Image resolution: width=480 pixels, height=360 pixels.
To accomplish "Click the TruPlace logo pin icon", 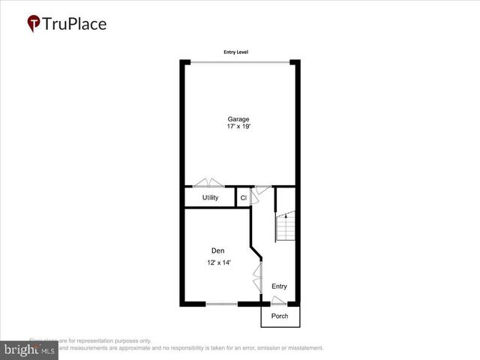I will pos(34,24).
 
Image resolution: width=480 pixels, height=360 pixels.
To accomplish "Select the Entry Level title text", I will pos(235,52).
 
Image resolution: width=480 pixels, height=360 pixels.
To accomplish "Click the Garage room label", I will pos(239,118).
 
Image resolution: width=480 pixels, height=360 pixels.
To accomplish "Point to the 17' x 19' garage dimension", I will pos(239,127).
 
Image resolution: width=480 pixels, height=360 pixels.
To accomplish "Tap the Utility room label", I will pos(210,198).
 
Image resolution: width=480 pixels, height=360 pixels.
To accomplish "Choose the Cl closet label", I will pos(243,198).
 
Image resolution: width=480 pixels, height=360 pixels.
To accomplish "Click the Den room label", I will pos(217,250).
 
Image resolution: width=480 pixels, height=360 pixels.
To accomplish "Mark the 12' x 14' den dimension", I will pos(219,262).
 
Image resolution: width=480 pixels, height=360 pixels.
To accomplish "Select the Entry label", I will pos(279,286).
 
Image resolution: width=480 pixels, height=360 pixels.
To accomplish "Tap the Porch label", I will pos(280,316).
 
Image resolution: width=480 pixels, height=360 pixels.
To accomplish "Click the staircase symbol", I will pos(285,226).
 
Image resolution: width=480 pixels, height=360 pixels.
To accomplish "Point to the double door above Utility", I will pos(208,182).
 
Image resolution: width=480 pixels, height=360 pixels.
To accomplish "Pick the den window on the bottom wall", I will pos(221,304).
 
